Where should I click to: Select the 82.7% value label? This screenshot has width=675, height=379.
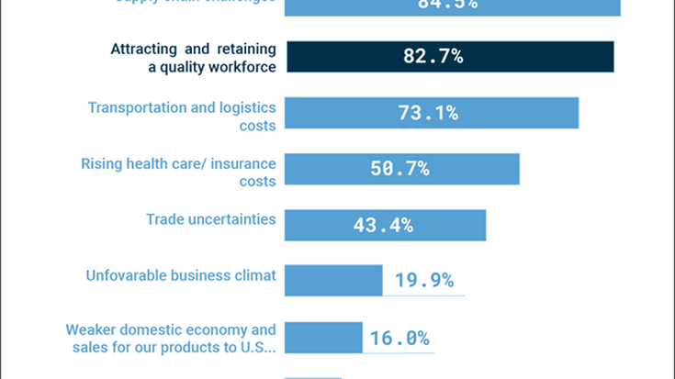pos(433,56)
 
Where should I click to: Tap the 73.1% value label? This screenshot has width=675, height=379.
pos(428,113)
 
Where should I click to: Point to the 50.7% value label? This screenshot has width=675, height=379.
pos(399,169)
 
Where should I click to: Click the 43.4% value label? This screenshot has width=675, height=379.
pos(383,225)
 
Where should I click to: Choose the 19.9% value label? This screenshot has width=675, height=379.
pos(424,280)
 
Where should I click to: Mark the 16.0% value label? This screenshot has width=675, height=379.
pos(399,337)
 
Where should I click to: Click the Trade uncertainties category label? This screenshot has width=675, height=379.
pos(210,219)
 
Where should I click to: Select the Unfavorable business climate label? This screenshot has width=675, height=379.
pos(181,275)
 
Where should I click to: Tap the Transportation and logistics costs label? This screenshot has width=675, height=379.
pos(182,116)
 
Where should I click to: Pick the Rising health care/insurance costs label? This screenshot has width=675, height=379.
pos(178,172)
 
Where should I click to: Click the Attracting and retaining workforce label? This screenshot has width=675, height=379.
pos(193,57)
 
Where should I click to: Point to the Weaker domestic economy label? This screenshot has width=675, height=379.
pos(171,337)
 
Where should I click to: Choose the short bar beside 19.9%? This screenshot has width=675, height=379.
pos(333,280)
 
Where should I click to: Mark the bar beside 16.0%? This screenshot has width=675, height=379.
pos(323,337)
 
